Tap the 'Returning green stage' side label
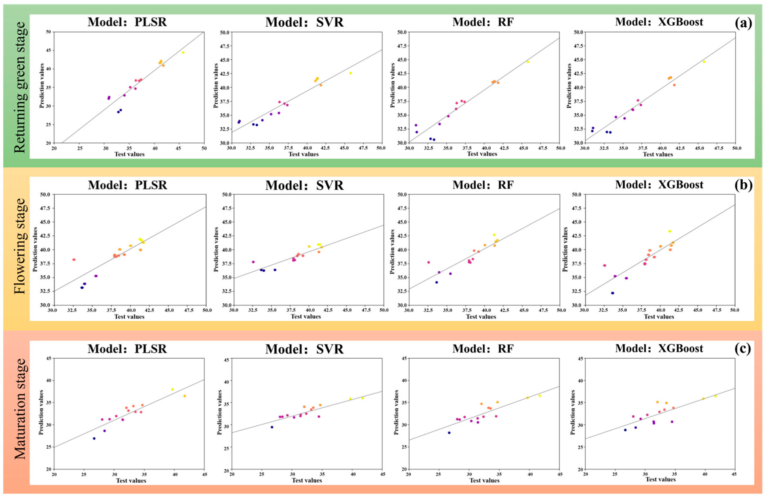[20, 87]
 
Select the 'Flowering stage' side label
[20, 246]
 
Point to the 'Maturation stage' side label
[20, 409]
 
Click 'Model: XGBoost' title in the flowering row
[659, 185]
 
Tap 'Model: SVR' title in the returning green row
[304, 23]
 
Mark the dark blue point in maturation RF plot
[449, 433]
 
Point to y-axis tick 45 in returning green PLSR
[48, 51]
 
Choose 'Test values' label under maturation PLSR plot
[131, 481]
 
